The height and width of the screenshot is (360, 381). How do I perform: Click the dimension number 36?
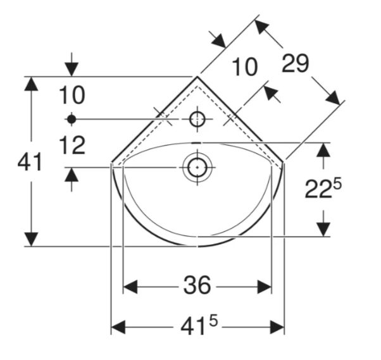(x=197, y=285)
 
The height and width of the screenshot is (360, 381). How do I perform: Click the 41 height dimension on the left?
(x=30, y=162)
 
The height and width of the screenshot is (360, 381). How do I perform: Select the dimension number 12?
(x=72, y=145)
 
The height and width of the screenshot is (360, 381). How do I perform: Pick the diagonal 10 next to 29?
(x=245, y=66)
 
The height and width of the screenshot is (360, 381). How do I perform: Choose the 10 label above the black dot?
(x=72, y=95)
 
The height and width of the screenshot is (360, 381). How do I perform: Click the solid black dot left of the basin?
(x=72, y=119)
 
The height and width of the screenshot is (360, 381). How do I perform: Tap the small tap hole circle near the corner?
(x=197, y=119)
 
